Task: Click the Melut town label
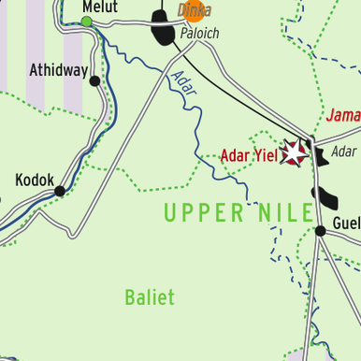[x=100, y=7]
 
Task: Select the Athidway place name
[x=58, y=70]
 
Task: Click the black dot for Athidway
[x=94, y=81]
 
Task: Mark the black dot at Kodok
[x=60, y=191]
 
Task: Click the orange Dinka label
[x=195, y=11]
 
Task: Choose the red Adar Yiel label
[x=249, y=155]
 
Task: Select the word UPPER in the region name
[x=202, y=212]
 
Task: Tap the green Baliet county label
[x=150, y=297]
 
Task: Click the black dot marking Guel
[x=321, y=227]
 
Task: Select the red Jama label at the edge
[x=343, y=117]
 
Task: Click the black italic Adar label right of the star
[x=343, y=152]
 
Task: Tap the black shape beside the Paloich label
[x=164, y=36]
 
